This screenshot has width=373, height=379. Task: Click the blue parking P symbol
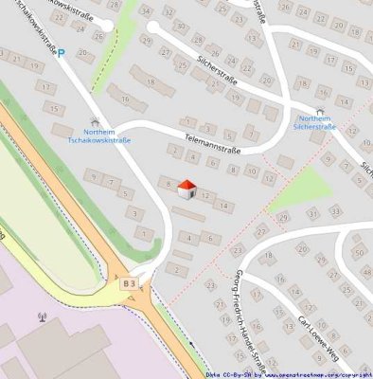pos(62,54)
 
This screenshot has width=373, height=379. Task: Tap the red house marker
pos(186,188)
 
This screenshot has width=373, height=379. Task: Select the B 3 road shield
pos(128,282)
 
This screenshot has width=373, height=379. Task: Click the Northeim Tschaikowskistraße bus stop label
pos(99,136)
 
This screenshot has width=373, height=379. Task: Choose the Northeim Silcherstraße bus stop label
pos(316,121)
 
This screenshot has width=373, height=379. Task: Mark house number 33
pos(338,213)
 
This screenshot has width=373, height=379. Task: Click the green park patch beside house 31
pos(301,189)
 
